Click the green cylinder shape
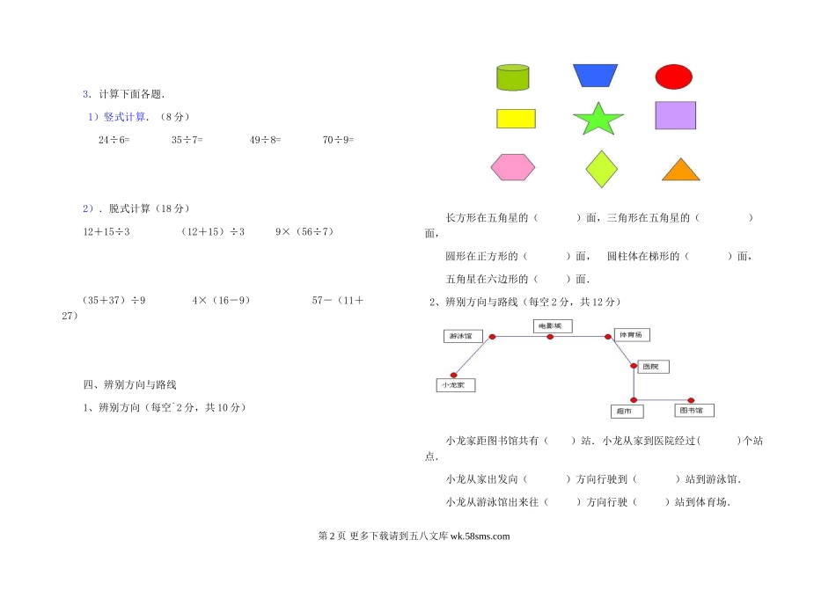coord(513,77)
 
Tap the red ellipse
coord(674,77)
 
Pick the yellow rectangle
coord(516,119)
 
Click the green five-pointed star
coord(598,120)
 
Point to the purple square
coord(675,115)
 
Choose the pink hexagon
coord(512,166)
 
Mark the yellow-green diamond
coord(601,168)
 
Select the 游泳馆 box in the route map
coord(460,336)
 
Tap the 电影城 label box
coord(552,326)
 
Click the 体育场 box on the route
coord(632,335)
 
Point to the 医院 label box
coord(653,366)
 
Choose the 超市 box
coord(627,411)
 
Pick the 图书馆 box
coord(694,411)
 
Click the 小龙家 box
coord(456,385)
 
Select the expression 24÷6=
coord(114,140)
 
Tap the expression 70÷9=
coord(339,140)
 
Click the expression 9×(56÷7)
coord(304,232)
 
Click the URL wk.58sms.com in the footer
coord(480,536)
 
